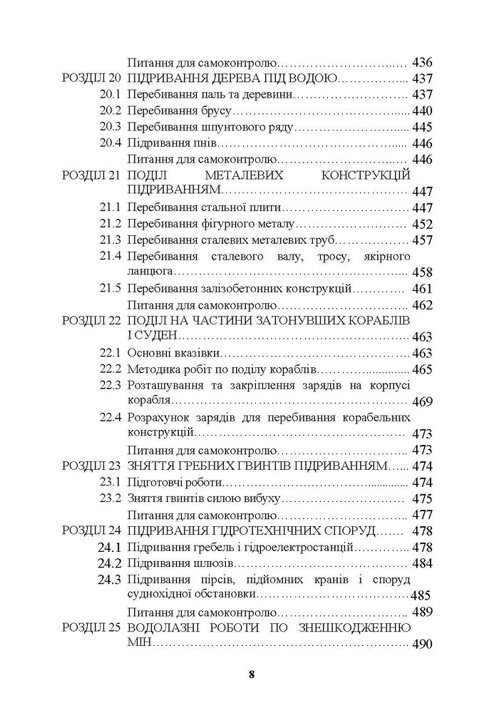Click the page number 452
click(423, 225)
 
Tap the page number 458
click(423, 272)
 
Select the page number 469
click(423, 402)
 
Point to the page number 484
click(423, 564)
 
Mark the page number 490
click(423, 645)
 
